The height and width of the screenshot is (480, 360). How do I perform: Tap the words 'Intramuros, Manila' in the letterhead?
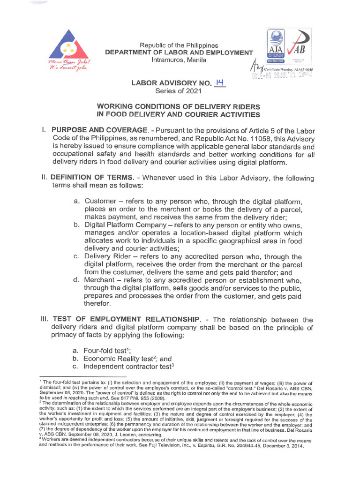(178, 60)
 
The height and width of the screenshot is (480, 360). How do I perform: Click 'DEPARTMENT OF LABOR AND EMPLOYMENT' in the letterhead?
(179, 53)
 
